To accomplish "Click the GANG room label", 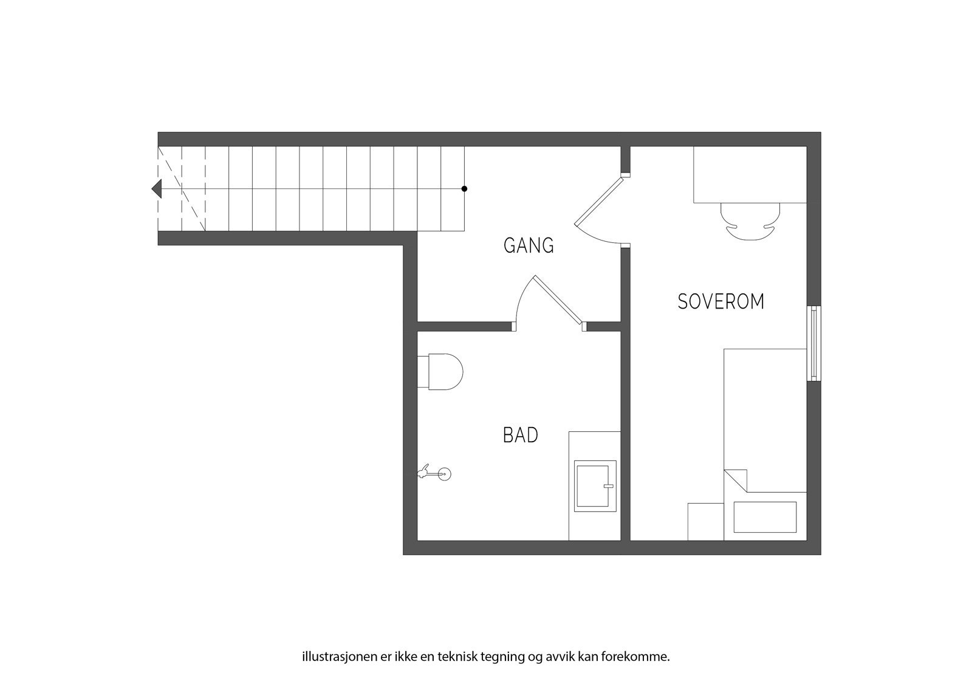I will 529,246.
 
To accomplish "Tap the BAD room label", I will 521,436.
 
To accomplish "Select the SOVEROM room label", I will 720,302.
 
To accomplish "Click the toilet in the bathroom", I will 442,371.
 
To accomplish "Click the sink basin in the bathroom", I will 595,485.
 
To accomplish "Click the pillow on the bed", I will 765,517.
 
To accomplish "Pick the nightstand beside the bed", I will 705,521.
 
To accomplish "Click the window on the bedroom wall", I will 813,344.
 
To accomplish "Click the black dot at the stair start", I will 464,189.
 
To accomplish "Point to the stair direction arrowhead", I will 157,189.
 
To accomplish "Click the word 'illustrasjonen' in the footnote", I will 334,657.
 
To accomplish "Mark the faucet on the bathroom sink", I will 608,486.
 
